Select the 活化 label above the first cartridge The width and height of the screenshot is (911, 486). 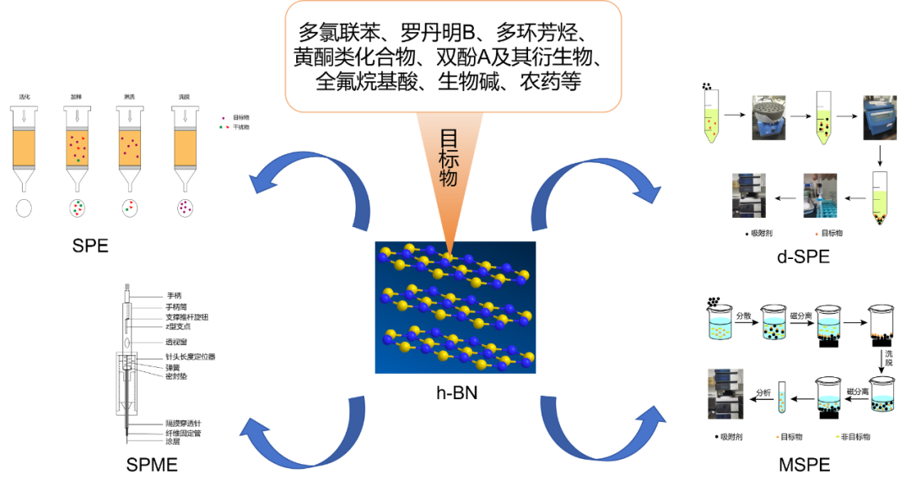click(x=24, y=97)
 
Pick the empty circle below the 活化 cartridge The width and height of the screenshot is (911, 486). click(x=24, y=208)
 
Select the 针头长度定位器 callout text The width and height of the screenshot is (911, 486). click(x=190, y=357)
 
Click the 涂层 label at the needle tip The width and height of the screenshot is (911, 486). click(x=173, y=443)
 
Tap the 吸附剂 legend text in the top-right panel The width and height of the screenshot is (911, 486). click(x=763, y=232)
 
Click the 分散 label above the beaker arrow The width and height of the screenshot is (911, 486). click(x=743, y=316)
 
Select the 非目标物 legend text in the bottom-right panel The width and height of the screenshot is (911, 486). click(x=855, y=436)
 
